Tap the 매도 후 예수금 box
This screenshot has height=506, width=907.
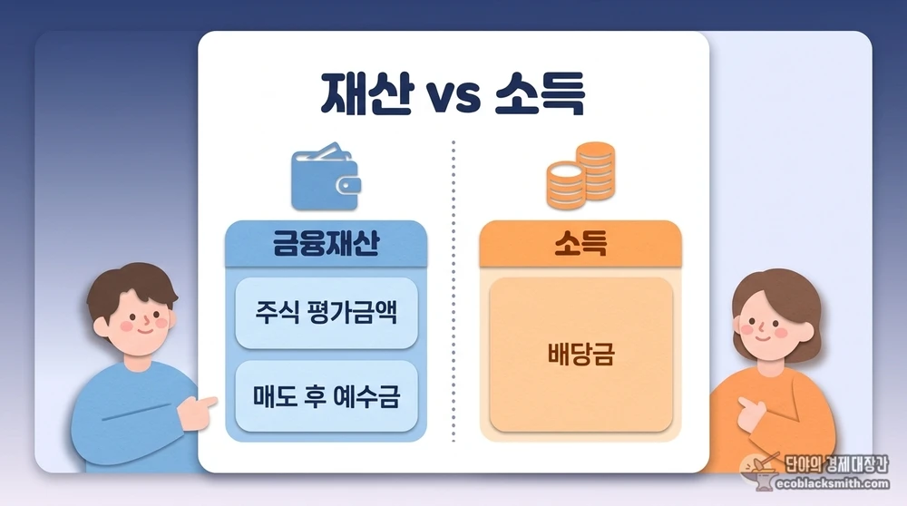pos(326,396)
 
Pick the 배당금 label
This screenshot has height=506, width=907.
pos(580,355)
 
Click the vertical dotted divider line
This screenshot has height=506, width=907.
pos(453,290)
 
